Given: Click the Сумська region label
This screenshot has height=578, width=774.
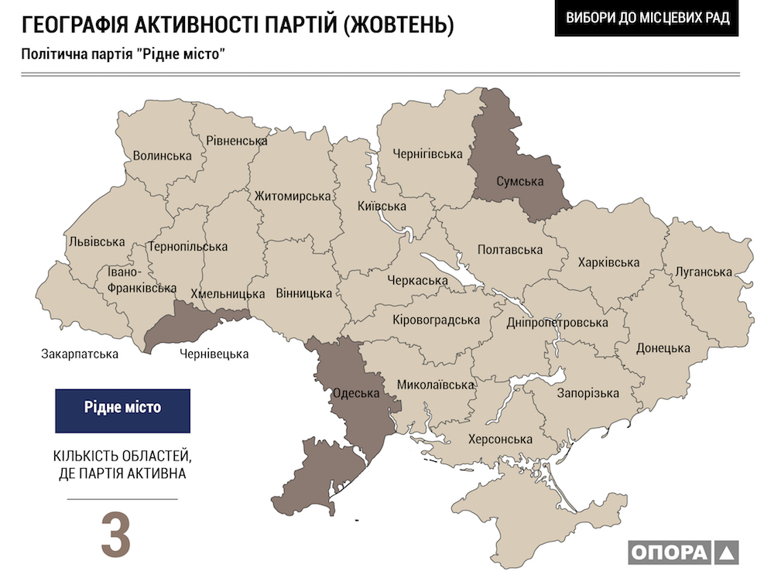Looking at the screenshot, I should (509, 182).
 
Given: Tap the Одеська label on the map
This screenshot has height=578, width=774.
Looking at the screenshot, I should (355, 393).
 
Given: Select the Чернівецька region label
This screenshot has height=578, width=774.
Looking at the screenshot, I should (214, 354).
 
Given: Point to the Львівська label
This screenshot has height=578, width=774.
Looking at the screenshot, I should (97, 241).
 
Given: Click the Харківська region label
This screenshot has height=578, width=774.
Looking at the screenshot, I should (608, 262).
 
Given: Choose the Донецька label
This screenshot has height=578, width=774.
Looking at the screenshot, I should (663, 348).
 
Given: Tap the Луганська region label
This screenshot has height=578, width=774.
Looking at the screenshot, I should (703, 272).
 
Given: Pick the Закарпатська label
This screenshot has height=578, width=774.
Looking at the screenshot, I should (80, 354).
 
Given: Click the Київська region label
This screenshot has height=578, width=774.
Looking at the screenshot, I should (382, 207).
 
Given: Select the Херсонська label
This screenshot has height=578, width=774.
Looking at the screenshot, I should (500, 439).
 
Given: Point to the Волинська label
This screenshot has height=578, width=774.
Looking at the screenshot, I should (162, 156).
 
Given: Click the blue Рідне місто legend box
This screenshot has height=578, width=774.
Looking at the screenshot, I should (122, 410).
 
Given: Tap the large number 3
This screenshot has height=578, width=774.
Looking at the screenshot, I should (116, 534).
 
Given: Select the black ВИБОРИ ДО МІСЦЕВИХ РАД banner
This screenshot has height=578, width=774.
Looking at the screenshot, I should (647, 19).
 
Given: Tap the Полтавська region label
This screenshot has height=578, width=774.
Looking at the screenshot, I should (510, 249).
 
